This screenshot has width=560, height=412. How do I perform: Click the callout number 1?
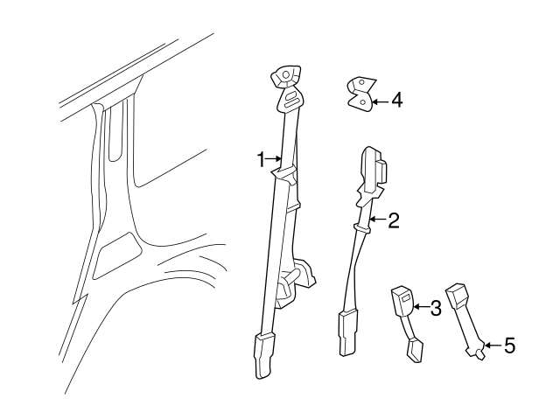[x=261, y=159]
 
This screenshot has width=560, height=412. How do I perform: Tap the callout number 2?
[x=393, y=220]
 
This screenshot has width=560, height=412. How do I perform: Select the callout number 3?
[x=436, y=308]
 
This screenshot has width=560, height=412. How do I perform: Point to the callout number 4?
[x=396, y=100]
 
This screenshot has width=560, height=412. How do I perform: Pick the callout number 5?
[x=509, y=346]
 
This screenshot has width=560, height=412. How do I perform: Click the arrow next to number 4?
[x=380, y=101]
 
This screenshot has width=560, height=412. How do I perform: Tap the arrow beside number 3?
[x=421, y=307]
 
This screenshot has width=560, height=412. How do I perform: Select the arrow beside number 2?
[x=378, y=219]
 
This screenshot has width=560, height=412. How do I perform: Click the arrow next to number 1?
[x=274, y=158]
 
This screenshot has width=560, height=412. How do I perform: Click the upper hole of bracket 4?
[x=361, y=82]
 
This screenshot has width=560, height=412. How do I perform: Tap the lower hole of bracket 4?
[x=363, y=102]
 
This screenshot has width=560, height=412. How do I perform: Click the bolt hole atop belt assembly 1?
[x=286, y=74]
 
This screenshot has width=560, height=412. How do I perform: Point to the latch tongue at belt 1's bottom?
[x=263, y=355]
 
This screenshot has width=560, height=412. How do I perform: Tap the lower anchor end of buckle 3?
[x=415, y=351]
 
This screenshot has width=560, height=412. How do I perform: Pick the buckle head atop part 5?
[x=456, y=295]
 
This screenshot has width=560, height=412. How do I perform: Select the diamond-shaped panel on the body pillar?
[x=117, y=255]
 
